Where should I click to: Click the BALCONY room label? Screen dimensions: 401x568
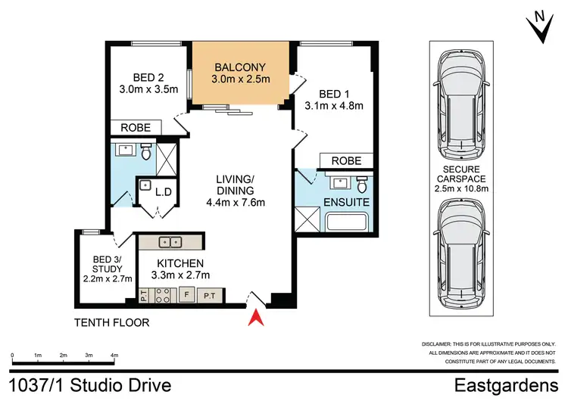tap(240, 65)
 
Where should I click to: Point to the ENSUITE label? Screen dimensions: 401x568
tap(346, 203)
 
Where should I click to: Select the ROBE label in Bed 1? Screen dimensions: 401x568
tap(346, 160)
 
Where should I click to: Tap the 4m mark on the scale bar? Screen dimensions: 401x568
tap(114, 355)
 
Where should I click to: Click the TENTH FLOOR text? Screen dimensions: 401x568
tap(111, 323)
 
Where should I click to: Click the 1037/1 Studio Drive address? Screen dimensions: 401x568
tap(91, 386)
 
